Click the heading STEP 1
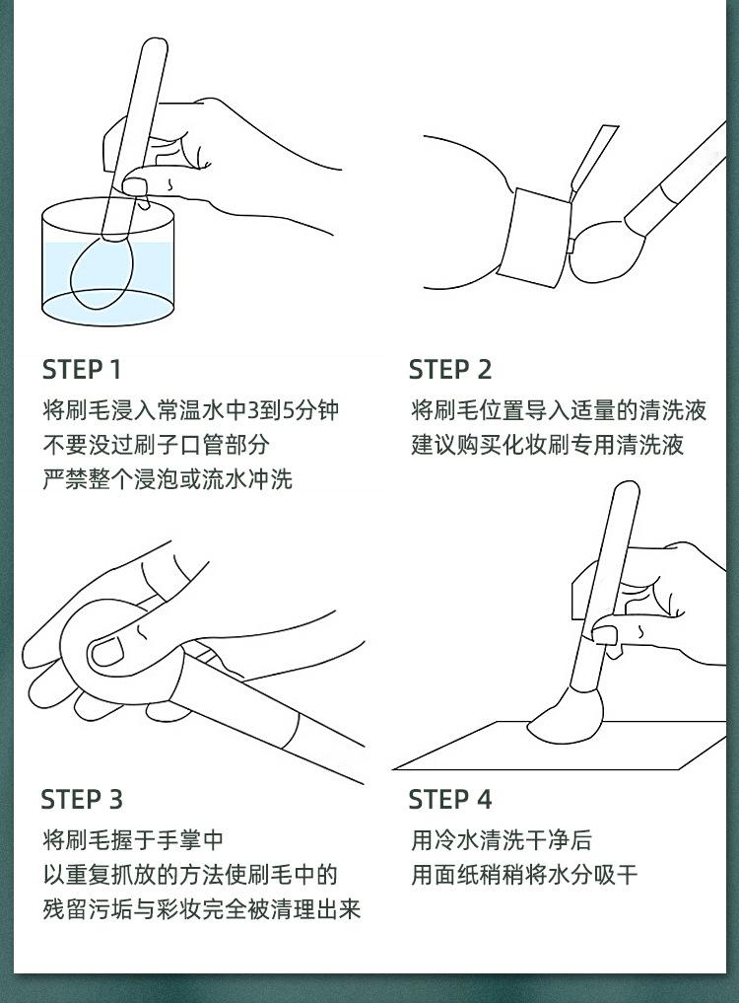click(81, 369)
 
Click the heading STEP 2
click(450, 369)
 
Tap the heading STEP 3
click(81, 799)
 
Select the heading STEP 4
click(450, 799)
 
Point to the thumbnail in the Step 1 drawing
click(134, 186)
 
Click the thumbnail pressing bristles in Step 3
click(110, 651)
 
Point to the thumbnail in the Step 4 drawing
click(603, 634)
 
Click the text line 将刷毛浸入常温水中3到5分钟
click(190, 410)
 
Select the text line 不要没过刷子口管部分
click(156, 445)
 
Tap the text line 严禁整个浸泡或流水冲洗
click(168, 479)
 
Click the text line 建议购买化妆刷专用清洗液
click(547, 445)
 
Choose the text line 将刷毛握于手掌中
click(133, 840)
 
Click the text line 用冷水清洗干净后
click(502, 840)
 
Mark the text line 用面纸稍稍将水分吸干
click(524, 875)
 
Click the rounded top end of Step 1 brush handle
click(154, 42)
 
